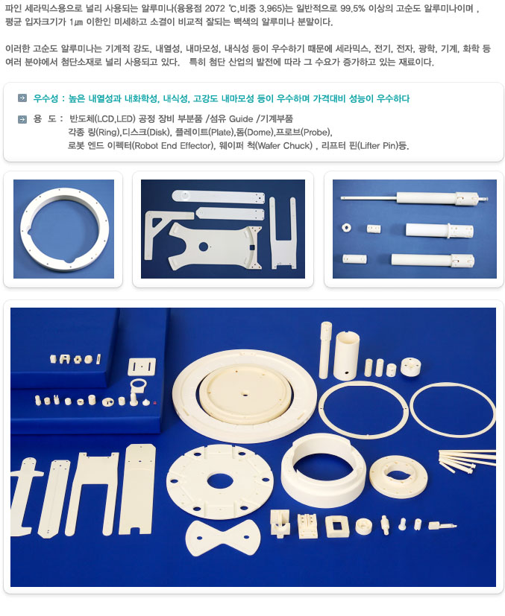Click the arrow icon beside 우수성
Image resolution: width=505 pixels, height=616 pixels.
tap(22, 98)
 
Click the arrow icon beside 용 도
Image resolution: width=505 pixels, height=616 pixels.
tap(22, 119)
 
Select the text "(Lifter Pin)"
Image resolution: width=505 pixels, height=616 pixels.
tap(378, 146)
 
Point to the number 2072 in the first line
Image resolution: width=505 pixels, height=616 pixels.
tap(215, 9)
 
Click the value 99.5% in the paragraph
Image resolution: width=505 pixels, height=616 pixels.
tap(352, 9)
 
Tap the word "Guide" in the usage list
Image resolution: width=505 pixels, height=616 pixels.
tap(241, 119)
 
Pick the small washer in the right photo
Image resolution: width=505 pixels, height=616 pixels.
tap(347, 227)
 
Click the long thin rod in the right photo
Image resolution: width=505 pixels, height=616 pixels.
tap(368, 197)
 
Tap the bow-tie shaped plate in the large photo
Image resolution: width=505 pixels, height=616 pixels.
tap(223, 539)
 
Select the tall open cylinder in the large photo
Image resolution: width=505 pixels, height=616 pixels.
tap(346, 355)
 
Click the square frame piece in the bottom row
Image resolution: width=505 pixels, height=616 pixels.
tap(337, 527)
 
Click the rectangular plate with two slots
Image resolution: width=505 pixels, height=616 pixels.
tap(142, 366)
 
